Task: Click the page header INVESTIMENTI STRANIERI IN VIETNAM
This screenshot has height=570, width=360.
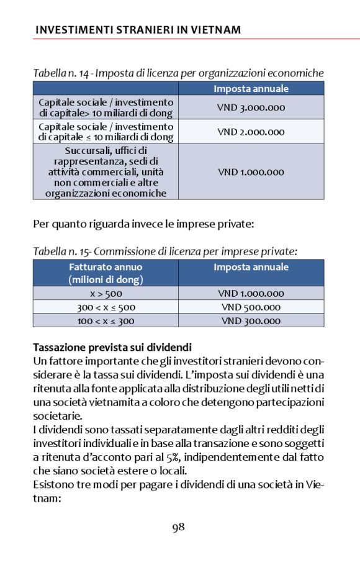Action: click(x=138, y=30)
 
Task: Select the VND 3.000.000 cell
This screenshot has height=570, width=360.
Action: click(x=251, y=107)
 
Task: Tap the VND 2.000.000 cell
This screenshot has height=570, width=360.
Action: click(x=251, y=132)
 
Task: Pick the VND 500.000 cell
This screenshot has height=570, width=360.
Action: click(x=251, y=307)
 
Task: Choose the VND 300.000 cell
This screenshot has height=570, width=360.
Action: click(x=251, y=321)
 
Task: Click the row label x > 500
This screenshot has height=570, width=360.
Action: click(x=106, y=294)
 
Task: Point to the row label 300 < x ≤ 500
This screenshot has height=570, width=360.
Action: click(x=106, y=307)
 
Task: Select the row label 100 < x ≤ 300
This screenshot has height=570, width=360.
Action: click(x=106, y=321)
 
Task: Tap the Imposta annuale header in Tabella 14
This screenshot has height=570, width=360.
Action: click(x=251, y=88)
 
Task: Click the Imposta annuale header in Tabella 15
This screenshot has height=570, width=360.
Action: click(x=251, y=268)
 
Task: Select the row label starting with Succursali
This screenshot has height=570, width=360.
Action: click(x=106, y=172)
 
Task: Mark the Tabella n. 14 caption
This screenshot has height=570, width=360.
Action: click(x=178, y=73)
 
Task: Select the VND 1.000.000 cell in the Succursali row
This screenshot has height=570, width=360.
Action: click(x=251, y=172)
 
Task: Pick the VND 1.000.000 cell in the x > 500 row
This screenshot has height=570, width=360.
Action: click(x=251, y=294)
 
